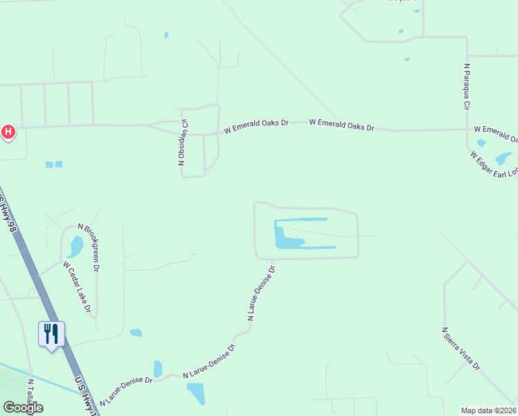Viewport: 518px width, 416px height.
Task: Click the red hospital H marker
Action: tap(8, 130)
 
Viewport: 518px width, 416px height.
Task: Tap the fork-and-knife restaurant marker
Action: tap(51, 334)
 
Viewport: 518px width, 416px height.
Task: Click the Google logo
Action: tap(23, 408)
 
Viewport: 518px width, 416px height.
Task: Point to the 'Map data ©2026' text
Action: tap(488, 410)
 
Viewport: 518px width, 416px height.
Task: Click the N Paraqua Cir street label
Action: tap(467, 87)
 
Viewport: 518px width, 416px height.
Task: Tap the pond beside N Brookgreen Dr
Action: tap(75, 246)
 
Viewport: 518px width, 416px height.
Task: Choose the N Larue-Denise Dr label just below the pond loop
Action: tap(261, 293)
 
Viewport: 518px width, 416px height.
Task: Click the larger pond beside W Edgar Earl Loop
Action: tap(504, 158)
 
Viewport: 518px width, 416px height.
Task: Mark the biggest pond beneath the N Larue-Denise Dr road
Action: tap(196, 393)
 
